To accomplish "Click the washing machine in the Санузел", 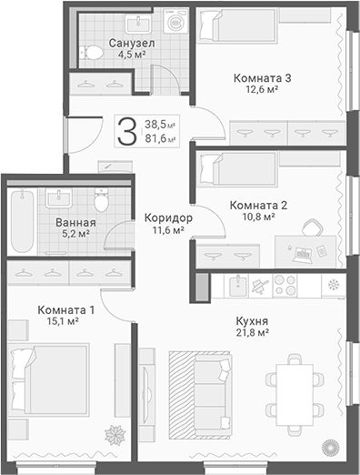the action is [175, 21].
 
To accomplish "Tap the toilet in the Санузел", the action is [92, 53].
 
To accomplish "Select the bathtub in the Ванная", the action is [22, 221].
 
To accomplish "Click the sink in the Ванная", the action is [59, 197].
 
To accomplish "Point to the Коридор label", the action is [168, 217].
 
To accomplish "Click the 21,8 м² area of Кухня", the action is [253, 333].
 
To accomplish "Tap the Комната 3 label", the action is [263, 78].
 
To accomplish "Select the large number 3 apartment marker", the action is [127, 131].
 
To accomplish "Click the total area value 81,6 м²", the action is [160, 138].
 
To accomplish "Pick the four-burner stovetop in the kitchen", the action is [285, 286].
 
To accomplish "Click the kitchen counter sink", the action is [238, 286].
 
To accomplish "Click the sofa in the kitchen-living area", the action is [212, 395].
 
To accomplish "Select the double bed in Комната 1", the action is [49, 379].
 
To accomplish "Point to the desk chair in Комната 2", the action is [313, 227].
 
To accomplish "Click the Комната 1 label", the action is [66, 310].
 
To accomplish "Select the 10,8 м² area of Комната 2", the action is [258, 217].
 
